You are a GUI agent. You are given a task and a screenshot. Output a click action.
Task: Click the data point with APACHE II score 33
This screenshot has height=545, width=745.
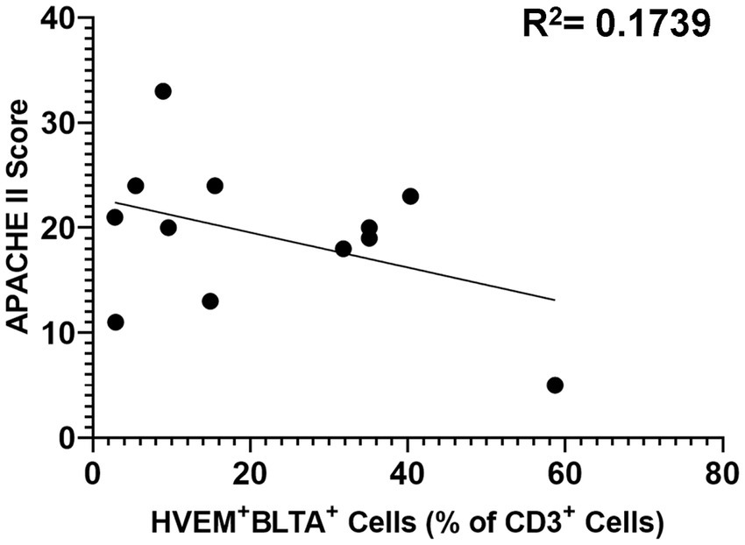coord(163,91)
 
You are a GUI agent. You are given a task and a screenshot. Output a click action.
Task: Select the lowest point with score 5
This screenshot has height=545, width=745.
coord(554,386)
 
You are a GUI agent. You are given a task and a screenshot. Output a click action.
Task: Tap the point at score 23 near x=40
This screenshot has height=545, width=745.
coord(410,196)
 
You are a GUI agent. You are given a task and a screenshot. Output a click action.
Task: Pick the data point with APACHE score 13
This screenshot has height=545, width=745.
coord(209,301)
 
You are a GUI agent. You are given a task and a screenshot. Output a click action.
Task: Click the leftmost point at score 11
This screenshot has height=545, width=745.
coord(116,322)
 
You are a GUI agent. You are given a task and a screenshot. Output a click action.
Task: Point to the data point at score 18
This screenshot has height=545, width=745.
coord(344,249)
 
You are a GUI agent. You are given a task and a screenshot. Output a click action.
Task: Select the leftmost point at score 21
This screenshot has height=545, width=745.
coord(115,217)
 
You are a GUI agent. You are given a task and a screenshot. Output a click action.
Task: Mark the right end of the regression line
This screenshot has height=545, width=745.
coord(554,300)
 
